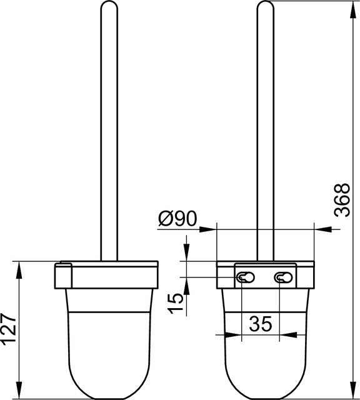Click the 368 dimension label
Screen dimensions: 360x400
click(x=342, y=200)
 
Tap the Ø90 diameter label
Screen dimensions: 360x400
click(x=177, y=219)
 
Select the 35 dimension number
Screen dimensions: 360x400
click(x=261, y=324)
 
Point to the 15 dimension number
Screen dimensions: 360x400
click(x=176, y=303)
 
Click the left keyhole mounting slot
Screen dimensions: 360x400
click(x=246, y=277)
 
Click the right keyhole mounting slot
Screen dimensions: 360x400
click(x=283, y=277)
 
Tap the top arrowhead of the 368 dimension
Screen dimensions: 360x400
click(x=353, y=9)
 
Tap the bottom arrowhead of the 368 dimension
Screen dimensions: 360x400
click(x=353, y=389)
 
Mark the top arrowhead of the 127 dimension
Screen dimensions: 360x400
click(x=19, y=270)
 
